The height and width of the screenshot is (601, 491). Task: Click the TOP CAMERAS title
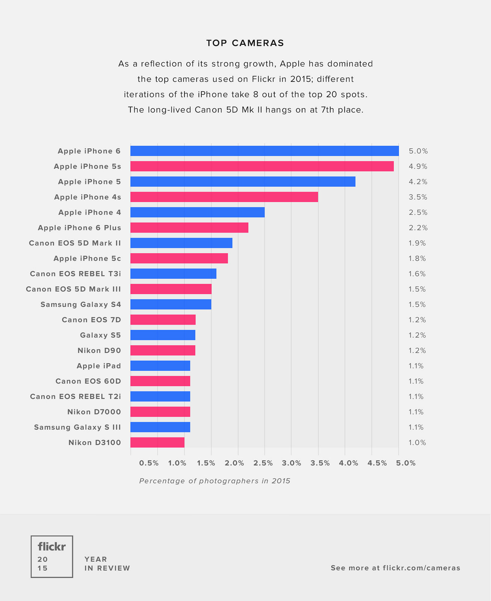(245, 43)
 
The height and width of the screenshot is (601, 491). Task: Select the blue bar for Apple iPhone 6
(264, 151)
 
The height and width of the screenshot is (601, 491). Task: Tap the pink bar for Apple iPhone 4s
(224, 197)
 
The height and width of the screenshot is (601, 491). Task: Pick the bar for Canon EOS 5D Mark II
(181, 243)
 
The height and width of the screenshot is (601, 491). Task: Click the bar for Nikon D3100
(157, 442)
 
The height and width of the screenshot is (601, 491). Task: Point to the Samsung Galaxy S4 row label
(81, 304)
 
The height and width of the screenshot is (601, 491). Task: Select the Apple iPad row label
(99, 366)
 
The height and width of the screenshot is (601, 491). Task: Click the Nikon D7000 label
(94, 412)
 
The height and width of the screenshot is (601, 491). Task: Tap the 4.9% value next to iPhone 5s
(418, 166)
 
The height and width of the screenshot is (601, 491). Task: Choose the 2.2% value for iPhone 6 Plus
(418, 228)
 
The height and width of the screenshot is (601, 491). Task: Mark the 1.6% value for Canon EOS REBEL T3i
(417, 274)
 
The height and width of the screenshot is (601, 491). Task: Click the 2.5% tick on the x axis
(263, 463)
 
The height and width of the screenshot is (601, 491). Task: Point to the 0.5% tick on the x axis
(149, 463)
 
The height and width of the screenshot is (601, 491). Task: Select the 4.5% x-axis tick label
(377, 463)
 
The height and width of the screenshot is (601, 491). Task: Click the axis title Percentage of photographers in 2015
(215, 481)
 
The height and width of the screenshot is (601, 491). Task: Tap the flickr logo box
(52, 556)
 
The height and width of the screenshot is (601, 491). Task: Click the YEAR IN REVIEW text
(107, 564)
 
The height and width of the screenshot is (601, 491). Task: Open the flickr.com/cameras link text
(421, 568)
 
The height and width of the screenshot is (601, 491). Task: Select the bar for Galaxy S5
(163, 335)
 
